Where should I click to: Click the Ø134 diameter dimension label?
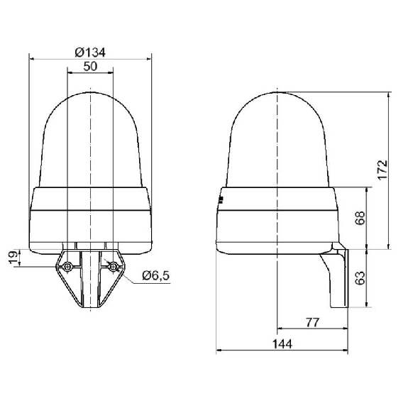click(x=90, y=53)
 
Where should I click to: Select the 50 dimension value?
click(x=90, y=67)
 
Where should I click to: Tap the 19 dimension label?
click(x=14, y=257)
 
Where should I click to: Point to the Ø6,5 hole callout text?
click(x=156, y=275)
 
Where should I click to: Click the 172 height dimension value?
click(x=382, y=170)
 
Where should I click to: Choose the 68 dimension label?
click(x=360, y=218)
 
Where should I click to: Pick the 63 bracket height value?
click(x=360, y=278)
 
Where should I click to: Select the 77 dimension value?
click(x=312, y=323)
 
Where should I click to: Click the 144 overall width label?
click(x=282, y=344)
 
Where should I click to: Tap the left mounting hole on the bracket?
click(x=67, y=267)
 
